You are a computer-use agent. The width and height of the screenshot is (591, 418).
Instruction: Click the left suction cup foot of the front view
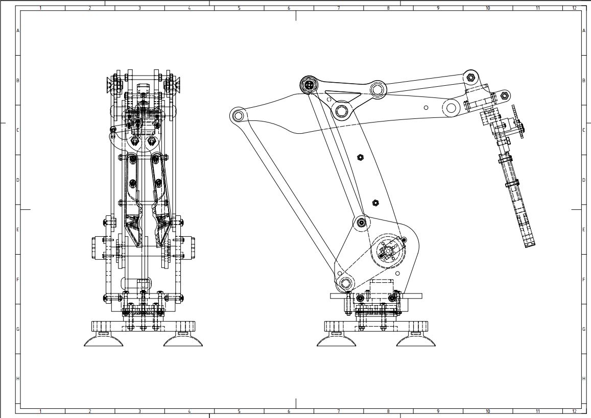(x=104, y=340)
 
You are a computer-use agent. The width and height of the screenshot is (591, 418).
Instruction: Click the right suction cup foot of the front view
(x=183, y=340)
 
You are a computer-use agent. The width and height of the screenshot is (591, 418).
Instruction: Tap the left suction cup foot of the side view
(x=337, y=340)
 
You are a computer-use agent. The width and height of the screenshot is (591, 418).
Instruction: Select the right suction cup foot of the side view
(x=416, y=340)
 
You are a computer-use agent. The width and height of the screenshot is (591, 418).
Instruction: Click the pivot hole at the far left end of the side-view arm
(x=238, y=115)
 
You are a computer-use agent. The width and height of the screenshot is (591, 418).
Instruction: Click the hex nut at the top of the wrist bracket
(x=470, y=78)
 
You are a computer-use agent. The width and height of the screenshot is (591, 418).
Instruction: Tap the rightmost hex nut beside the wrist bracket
(x=505, y=95)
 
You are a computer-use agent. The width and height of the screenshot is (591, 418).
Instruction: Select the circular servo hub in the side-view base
(x=389, y=251)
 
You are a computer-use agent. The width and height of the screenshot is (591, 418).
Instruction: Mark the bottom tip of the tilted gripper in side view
(x=530, y=244)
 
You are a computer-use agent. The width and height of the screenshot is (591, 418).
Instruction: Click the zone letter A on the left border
(x=18, y=31)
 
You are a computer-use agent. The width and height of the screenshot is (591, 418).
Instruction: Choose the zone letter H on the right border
(x=583, y=379)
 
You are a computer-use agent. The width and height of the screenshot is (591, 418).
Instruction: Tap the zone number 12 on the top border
(x=574, y=8)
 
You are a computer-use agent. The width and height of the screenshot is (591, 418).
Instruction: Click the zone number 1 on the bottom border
(x=40, y=411)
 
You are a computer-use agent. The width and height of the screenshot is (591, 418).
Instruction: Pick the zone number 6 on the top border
(x=289, y=8)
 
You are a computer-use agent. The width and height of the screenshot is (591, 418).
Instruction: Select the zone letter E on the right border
(x=583, y=230)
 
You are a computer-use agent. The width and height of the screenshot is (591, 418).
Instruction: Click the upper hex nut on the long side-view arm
(x=360, y=157)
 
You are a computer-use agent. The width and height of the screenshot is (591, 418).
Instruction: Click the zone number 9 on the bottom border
(x=438, y=411)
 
